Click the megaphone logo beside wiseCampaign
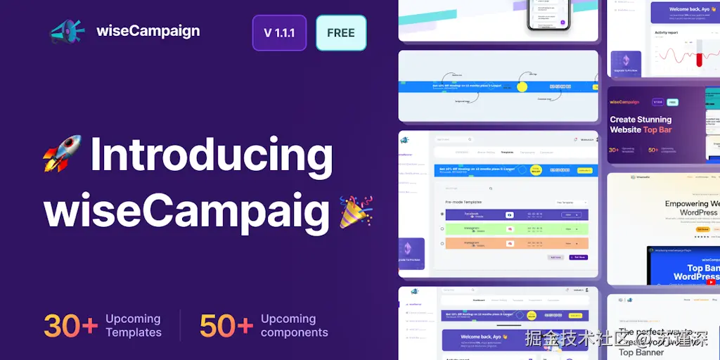pos(67,32)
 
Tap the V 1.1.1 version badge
pos(279,33)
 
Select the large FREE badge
pos(341,33)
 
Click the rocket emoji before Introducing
pos(63,155)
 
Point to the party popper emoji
pos(356,212)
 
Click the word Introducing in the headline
pos(211,156)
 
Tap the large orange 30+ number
pos(70,326)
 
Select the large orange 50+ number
pos(226,326)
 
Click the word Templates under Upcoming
pos(134,333)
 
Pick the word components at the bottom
pos(294,333)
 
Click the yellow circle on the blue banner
pos(522,87)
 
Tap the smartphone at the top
pos(549,15)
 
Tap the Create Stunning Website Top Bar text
pos(641,124)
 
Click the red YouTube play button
pos(711,282)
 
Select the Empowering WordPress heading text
pos(691,208)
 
